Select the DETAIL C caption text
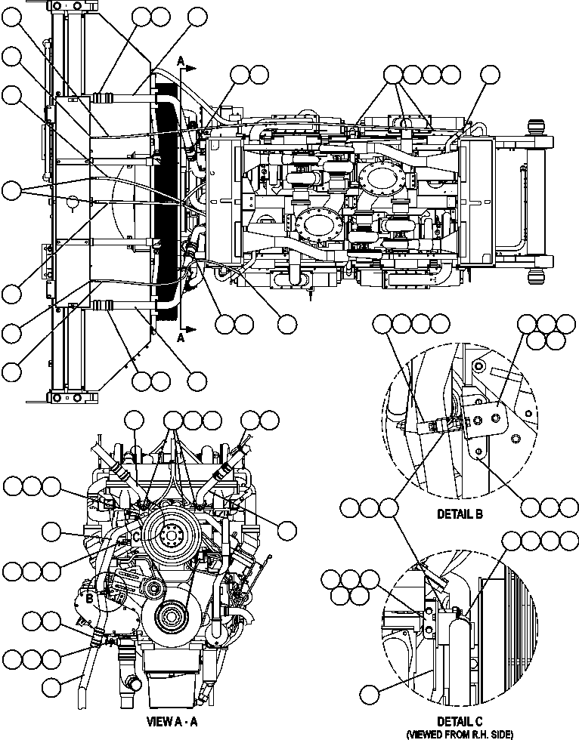tap(460, 721)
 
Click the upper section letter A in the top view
tap(180, 59)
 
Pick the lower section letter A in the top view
tap(180, 339)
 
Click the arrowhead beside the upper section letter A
tap(192, 67)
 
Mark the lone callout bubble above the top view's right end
tap(491, 74)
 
